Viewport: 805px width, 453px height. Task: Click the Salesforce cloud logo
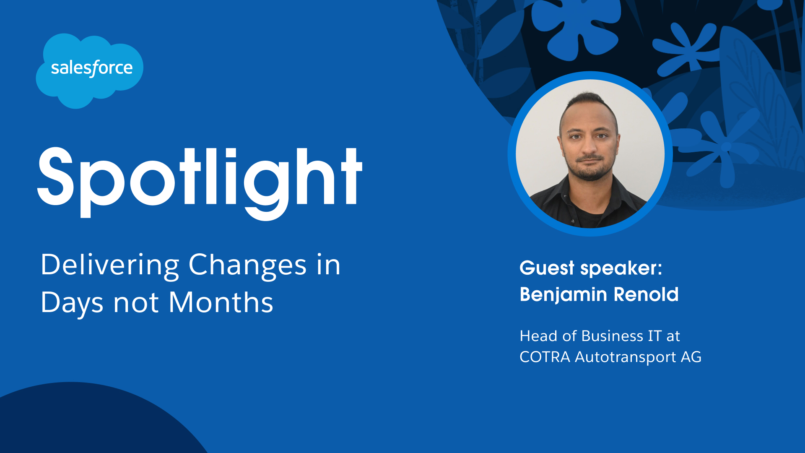click(x=89, y=70)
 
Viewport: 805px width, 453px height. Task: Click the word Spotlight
click(x=200, y=182)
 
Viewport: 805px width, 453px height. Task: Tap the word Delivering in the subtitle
click(x=110, y=266)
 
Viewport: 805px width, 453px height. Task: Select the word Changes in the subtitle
click(x=247, y=266)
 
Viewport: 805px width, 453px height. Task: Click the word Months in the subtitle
click(x=221, y=302)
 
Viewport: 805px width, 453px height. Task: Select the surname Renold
click(x=646, y=294)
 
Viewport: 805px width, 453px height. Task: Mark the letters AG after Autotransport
click(x=691, y=357)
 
